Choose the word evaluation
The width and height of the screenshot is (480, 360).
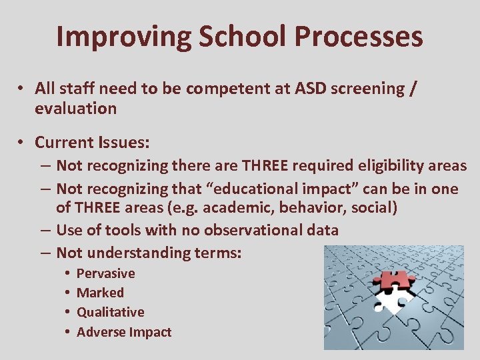click(x=76, y=108)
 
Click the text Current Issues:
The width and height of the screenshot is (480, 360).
click(x=92, y=143)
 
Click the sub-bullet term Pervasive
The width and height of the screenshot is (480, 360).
click(x=105, y=273)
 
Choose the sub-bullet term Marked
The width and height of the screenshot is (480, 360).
click(x=100, y=293)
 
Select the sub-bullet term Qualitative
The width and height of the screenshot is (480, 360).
click(x=110, y=312)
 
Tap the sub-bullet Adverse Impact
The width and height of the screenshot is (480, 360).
click(x=124, y=332)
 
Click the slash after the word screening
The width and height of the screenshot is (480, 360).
click(x=414, y=89)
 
